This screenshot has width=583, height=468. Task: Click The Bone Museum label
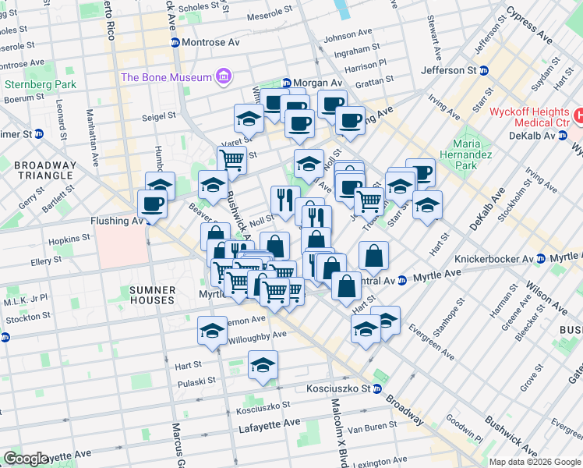(166, 77)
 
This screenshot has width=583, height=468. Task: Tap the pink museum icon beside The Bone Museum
(224, 77)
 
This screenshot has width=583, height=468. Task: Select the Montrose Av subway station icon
(175, 42)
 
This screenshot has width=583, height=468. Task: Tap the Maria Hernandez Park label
(465, 154)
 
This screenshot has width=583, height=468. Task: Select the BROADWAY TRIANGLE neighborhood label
(46, 171)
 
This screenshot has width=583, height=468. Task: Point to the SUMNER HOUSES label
(152, 295)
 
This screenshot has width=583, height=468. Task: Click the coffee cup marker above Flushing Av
(152, 204)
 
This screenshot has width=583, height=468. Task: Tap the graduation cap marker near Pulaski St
(263, 364)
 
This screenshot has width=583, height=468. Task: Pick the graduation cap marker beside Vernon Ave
(212, 330)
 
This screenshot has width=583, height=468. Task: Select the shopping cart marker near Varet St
(231, 160)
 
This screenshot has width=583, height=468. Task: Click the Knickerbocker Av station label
(516, 258)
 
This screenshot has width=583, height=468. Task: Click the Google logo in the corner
(26, 459)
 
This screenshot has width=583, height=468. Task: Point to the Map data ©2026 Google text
(535, 462)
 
